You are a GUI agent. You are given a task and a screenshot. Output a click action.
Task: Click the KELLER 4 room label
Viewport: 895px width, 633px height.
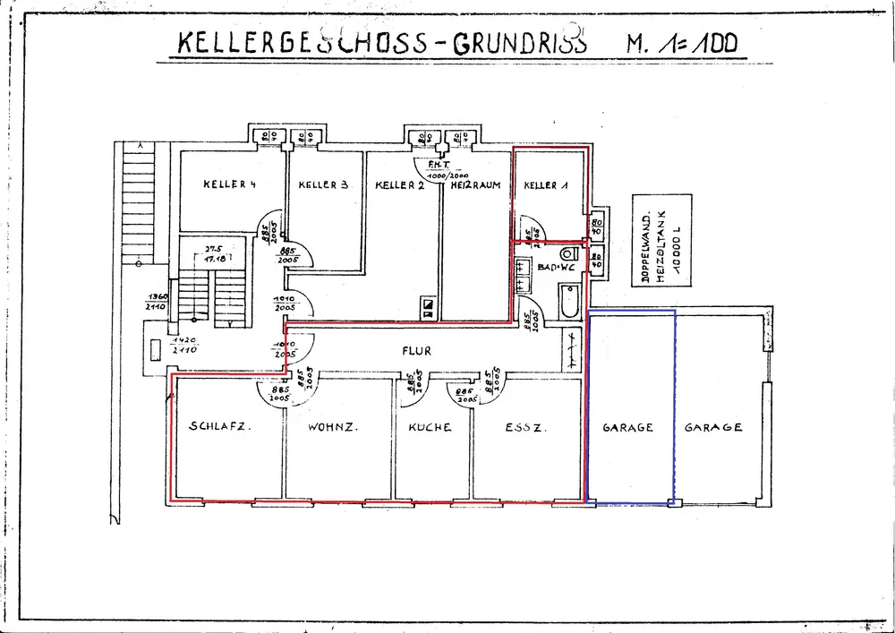230,185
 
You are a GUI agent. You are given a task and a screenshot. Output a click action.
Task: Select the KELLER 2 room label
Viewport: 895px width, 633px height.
399,185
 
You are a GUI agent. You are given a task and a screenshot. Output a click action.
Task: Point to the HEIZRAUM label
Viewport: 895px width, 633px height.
475,185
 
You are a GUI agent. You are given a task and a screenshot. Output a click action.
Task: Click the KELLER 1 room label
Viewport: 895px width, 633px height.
546,185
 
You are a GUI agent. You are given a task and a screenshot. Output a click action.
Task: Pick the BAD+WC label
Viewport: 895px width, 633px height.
556,267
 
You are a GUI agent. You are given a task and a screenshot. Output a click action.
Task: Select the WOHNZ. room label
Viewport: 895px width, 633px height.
333,427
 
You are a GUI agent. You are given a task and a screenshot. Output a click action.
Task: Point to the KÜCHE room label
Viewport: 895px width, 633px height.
430,428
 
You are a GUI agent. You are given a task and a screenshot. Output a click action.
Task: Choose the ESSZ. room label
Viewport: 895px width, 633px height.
522,427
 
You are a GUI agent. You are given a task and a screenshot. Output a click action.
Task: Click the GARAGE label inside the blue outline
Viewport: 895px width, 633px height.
627,428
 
